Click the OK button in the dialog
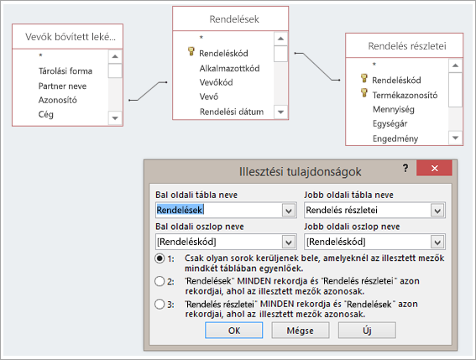(x=233, y=330)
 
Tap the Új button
(x=367, y=330)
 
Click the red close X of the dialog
(x=434, y=168)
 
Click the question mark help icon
(x=405, y=168)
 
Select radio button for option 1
(x=160, y=258)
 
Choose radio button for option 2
(x=160, y=281)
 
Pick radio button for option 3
(x=160, y=304)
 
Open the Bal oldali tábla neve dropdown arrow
(x=289, y=210)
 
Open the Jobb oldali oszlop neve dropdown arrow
(x=437, y=242)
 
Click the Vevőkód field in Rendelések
(x=216, y=82)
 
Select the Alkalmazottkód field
(x=229, y=68)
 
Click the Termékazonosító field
(x=405, y=95)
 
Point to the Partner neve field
(x=62, y=86)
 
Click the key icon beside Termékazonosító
(x=364, y=92)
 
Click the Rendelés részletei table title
(x=407, y=46)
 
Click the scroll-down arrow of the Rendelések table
(x=280, y=112)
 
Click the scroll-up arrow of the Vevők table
(x=115, y=56)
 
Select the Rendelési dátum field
(x=232, y=112)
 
